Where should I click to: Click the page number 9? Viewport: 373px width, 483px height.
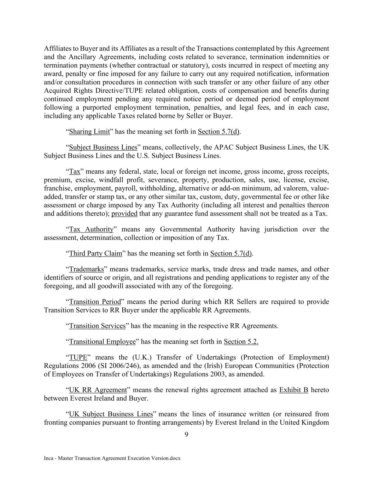coord(186,435)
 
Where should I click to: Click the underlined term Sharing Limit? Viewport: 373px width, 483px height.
coord(89,132)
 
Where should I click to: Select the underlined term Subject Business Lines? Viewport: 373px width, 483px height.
coord(103,147)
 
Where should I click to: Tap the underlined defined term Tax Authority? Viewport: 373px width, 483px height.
coord(91,229)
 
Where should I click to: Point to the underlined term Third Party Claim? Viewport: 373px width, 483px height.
coord(95,253)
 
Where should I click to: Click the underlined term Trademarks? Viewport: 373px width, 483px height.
coord(86,269)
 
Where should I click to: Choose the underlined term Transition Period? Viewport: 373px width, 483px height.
coord(95,302)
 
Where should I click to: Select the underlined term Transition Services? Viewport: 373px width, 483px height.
coord(97,326)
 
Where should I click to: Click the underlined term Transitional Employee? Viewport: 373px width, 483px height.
coord(102,341)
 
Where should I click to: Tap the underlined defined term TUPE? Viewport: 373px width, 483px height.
coord(78,357)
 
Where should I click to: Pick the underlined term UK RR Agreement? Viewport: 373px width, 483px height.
coord(98,390)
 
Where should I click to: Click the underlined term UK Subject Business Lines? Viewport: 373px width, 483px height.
coord(111,414)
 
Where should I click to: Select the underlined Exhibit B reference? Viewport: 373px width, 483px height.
coord(293,390)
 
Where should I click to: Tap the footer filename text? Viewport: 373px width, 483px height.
coord(112,458)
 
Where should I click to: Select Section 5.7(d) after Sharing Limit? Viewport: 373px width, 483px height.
coord(218,132)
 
